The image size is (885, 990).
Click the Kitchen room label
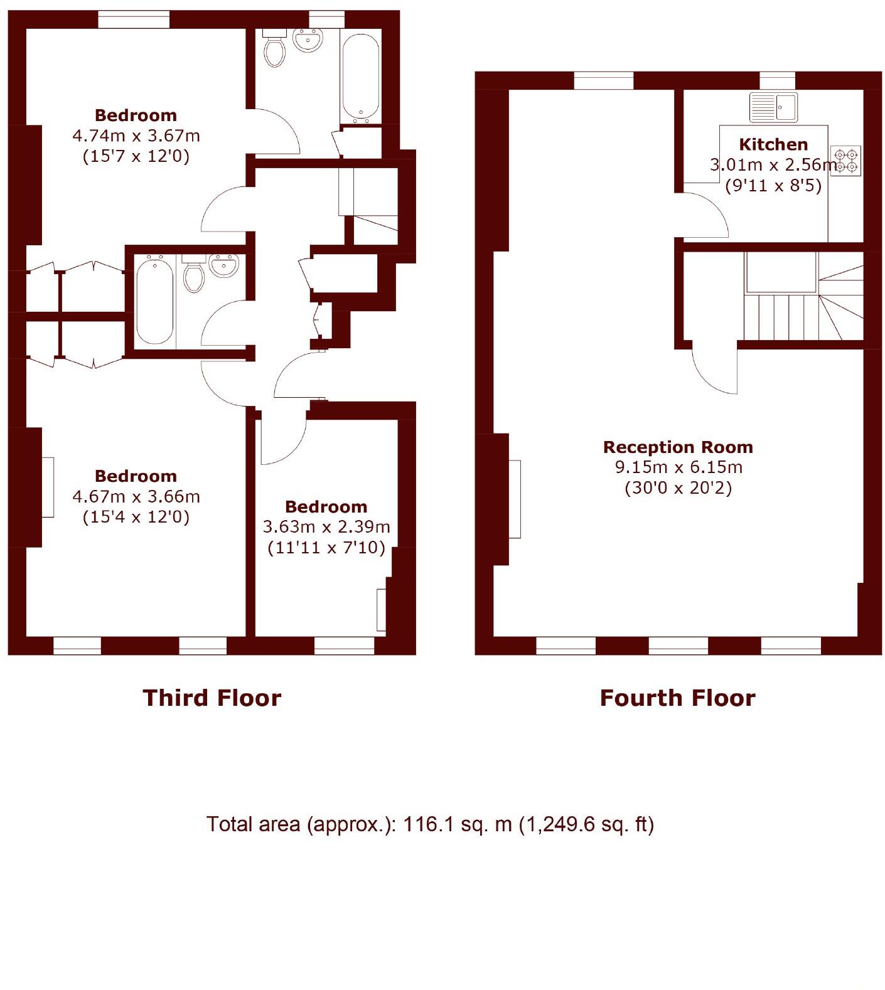coord(773,144)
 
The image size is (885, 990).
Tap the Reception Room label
coord(678,447)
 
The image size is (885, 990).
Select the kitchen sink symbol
coord(773,107)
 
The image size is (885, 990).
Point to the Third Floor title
coord(212,698)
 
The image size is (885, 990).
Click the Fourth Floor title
coord(678,698)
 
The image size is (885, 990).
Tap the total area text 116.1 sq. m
coord(430,824)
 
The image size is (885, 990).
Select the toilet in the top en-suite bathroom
coord(275,49)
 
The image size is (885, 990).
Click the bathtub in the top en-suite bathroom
coord(360,77)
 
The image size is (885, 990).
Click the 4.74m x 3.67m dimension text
coord(136,135)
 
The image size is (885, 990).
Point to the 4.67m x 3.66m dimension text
coord(136,496)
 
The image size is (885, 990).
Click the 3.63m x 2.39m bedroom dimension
coord(326,527)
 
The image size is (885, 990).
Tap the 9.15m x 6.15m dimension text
coord(678,467)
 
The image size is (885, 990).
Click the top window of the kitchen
coord(777,80)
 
